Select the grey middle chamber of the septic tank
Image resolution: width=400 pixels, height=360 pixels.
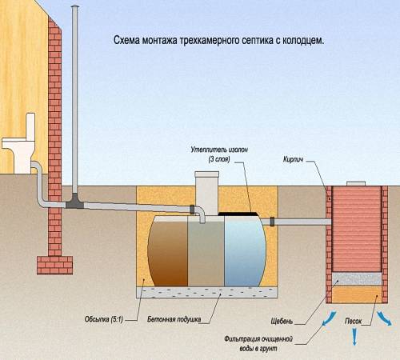[x=206, y=251]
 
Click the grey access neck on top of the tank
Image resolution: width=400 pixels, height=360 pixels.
[x=206, y=190]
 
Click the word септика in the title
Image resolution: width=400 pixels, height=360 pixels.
[x=258, y=38]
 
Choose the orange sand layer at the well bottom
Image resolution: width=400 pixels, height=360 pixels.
[x=357, y=295]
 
